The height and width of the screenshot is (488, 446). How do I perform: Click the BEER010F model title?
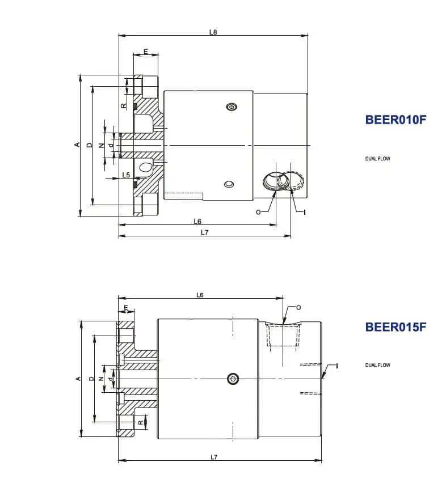[x=395, y=120]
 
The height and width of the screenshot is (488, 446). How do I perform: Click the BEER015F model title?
[x=395, y=327]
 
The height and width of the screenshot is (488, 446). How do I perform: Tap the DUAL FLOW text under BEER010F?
[x=377, y=159]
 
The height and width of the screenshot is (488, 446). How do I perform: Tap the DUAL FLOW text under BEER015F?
[x=377, y=365]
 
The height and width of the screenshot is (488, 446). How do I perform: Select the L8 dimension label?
[x=213, y=32]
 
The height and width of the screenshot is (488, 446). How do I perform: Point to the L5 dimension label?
[x=126, y=175]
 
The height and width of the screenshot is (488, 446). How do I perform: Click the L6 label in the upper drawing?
[x=197, y=221]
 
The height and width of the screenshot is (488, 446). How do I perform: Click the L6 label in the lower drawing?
[x=200, y=295]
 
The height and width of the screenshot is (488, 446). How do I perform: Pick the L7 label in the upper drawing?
[x=204, y=232]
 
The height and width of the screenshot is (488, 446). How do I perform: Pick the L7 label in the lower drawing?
[x=213, y=457]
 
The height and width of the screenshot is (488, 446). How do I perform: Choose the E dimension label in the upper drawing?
[x=146, y=52]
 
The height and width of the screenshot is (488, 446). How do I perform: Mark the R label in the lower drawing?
[x=141, y=423]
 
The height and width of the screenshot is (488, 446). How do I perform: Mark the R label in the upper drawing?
[x=124, y=106]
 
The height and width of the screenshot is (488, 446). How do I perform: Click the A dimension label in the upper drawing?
[x=77, y=145]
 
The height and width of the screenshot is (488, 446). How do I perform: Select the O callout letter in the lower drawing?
[x=298, y=308]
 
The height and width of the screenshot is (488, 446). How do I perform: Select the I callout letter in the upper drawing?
[x=305, y=213]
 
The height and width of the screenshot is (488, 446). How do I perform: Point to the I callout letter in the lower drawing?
[x=336, y=366]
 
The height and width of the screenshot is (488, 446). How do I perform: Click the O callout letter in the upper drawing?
[x=258, y=212]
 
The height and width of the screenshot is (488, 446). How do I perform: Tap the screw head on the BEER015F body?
[x=233, y=379]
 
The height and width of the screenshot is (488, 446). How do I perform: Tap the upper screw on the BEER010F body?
[x=232, y=107]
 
